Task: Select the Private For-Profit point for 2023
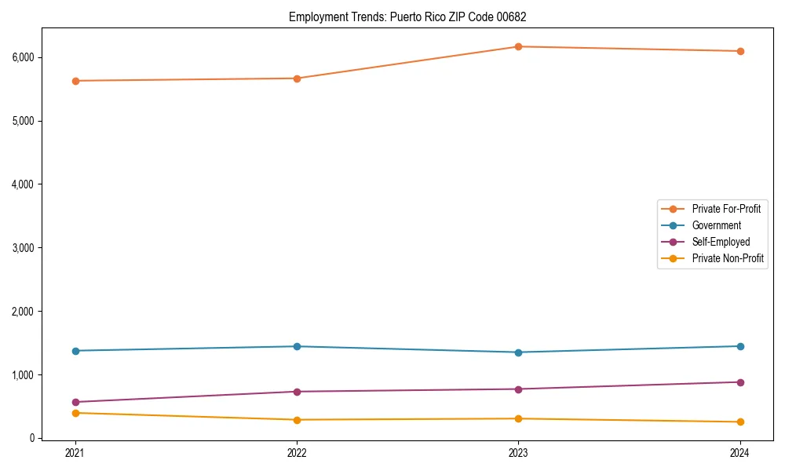(518, 47)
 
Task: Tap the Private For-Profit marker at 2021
(75, 81)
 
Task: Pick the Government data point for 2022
(297, 346)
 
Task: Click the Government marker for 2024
(739, 346)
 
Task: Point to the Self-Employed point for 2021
(75, 402)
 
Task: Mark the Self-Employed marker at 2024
(739, 382)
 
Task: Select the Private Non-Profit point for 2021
(75, 413)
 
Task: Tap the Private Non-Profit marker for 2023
(518, 418)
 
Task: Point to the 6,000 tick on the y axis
(22, 57)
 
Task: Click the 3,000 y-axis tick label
(22, 248)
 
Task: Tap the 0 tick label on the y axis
(31, 438)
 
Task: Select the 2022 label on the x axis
(297, 453)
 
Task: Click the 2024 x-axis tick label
(739, 453)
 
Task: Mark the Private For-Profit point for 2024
(739, 51)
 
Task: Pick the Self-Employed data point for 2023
(518, 389)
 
